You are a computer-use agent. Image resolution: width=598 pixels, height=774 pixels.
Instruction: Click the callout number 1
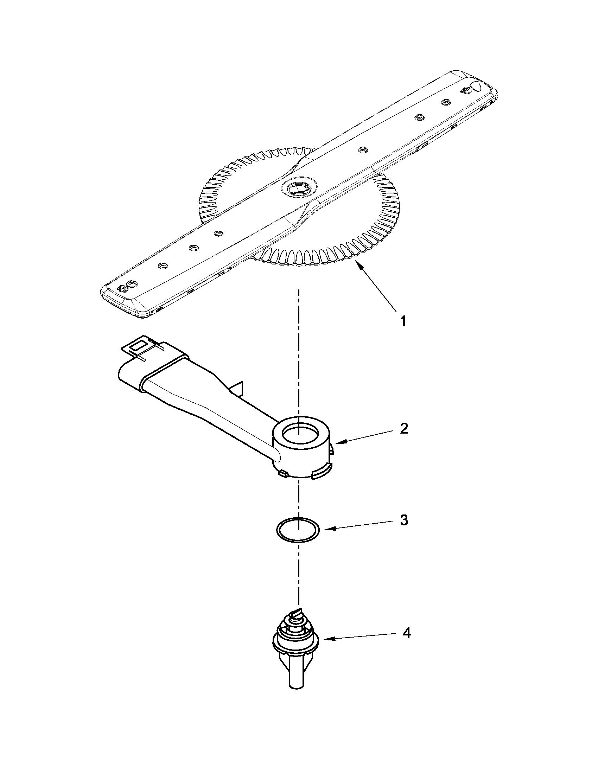click(x=403, y=321)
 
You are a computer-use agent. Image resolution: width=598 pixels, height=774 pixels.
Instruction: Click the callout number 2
click(x=404, y=429)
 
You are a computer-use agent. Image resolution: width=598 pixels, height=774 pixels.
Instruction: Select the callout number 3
click(x=404, y=520)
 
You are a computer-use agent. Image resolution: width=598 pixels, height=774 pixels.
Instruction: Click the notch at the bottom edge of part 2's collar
click(x=321, y=475)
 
